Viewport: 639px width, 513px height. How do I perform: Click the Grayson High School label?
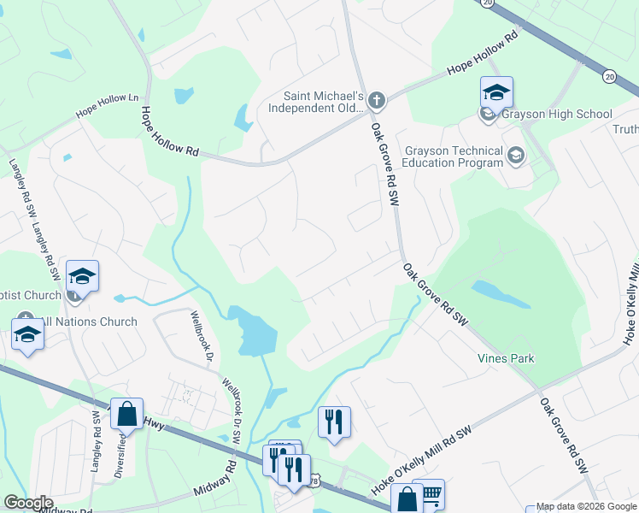coord(558,114)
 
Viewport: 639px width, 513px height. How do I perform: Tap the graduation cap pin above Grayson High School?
coord(496,91)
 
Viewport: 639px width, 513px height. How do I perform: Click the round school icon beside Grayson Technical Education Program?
coord(515,155)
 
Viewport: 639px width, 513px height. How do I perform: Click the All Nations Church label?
coord(89,321)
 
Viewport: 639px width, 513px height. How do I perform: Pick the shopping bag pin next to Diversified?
coord(126,414)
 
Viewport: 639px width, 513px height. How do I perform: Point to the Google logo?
coord(28,503)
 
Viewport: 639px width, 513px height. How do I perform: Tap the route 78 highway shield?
coord(315,482)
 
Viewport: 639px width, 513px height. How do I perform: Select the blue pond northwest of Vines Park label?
coord(499,294)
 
